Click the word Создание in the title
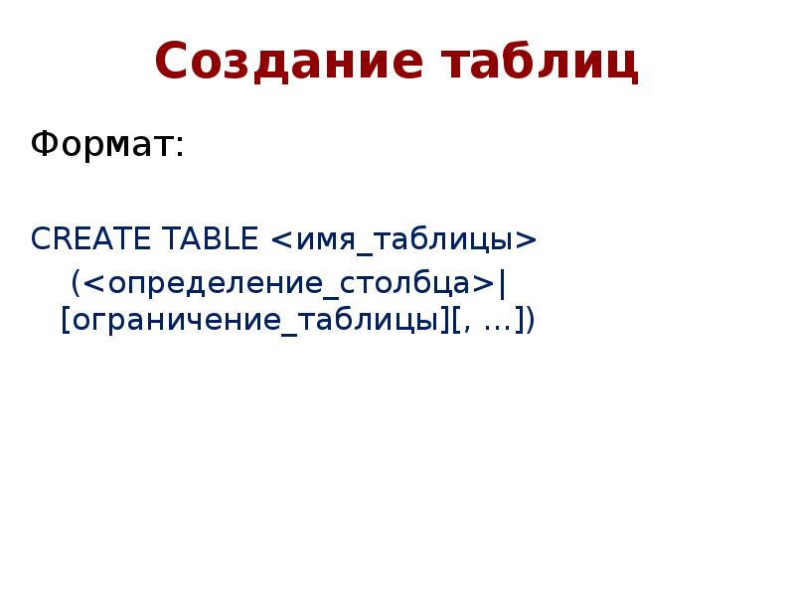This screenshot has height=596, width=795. pyautogui.click(x=288, y=62)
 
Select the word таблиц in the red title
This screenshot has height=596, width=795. pyautogui.click(x=540, y=62)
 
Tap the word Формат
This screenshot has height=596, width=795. pyautogui.click(x=102, y=144)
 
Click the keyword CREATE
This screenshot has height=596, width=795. pyautogui.click(x=90, y=238)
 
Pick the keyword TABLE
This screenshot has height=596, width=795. pyautogui.click(x=210, y=238)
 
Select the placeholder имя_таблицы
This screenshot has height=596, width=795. pyautogui.click(x=404, y=240)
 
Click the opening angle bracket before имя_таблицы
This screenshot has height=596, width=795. pyautogui.click(x=282, y=240)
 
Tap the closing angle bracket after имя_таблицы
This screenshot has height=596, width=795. pyautogui.click(x=526, y=240)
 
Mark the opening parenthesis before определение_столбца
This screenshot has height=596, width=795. pyautogui.click(x=76, y=283)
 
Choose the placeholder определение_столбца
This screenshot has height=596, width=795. pyautogui.click(x=289, y=284)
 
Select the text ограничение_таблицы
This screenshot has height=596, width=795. pyautogui.click(x=255, y=321)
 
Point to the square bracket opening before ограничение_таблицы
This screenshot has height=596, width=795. pyautogui.click(x=66, y=320)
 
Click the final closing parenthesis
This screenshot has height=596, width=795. pyautogui.click(x=530, y=320)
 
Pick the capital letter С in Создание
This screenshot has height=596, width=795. pyautogui.click(x=174, y=62)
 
